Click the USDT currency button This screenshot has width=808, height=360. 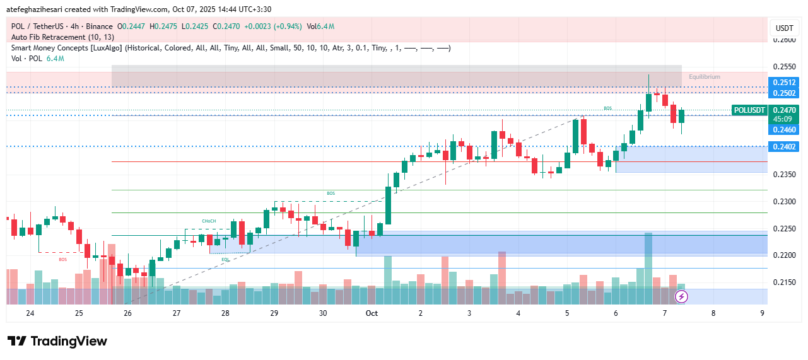(x=784, y=28)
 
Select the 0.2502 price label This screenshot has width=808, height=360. (x=784, y=93)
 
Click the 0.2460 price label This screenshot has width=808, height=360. (x=784, y=130)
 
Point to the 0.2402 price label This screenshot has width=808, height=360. (x=784, y=147)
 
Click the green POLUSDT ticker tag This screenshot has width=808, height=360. (x=749, y=110)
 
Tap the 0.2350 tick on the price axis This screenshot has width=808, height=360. (x=783, y=175)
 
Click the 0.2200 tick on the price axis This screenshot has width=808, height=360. (x=783, y=255)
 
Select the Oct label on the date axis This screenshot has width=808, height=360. (x=372, y=313)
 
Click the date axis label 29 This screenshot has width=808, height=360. (x=274, y=313)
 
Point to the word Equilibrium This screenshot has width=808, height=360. (x=704, y=77)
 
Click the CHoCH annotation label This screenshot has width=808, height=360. (x=209, y=221)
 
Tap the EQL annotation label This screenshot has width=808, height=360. (x=225, y=259)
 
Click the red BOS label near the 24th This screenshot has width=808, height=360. (x=62, y=259)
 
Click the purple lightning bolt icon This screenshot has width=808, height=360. (x=681, y=296)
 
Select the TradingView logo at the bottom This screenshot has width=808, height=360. (x=57, y=341)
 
